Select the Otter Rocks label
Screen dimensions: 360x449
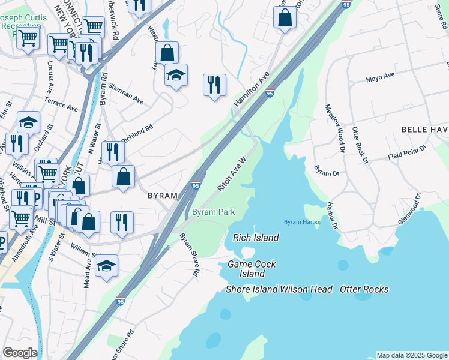click(364, 289)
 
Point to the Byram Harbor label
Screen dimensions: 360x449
click(303, 222)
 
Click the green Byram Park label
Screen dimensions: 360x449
click(213, 212)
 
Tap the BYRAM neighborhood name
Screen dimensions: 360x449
click(163, 196)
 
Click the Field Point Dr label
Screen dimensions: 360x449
click(406, 151)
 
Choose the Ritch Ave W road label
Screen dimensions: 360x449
click(232, 175)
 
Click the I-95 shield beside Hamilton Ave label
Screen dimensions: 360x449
click(270, 94)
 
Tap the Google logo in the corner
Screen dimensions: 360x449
click(19, 353)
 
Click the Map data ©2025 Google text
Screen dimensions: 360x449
click(411, 355)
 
